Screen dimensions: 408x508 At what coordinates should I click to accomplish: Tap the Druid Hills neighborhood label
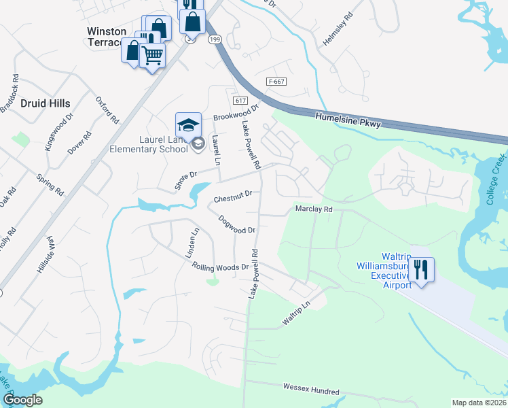[45, 103]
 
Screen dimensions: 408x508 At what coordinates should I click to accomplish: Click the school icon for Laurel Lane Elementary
[188, 124]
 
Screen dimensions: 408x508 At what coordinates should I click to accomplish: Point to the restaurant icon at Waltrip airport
[422, 269]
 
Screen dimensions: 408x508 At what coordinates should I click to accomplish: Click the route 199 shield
[215, 40]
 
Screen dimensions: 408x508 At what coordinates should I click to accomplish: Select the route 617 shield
[239, 100]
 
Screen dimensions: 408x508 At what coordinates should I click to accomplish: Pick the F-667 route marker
[276, 82]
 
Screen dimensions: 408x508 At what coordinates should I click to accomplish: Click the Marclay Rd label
[313, 209]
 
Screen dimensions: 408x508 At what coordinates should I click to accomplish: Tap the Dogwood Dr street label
[237, 225]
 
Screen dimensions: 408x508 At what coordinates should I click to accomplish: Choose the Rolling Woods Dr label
[220, 267]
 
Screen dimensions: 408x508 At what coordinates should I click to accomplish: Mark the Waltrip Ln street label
[296, 314]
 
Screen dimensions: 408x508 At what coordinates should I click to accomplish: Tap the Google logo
[22, 400]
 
